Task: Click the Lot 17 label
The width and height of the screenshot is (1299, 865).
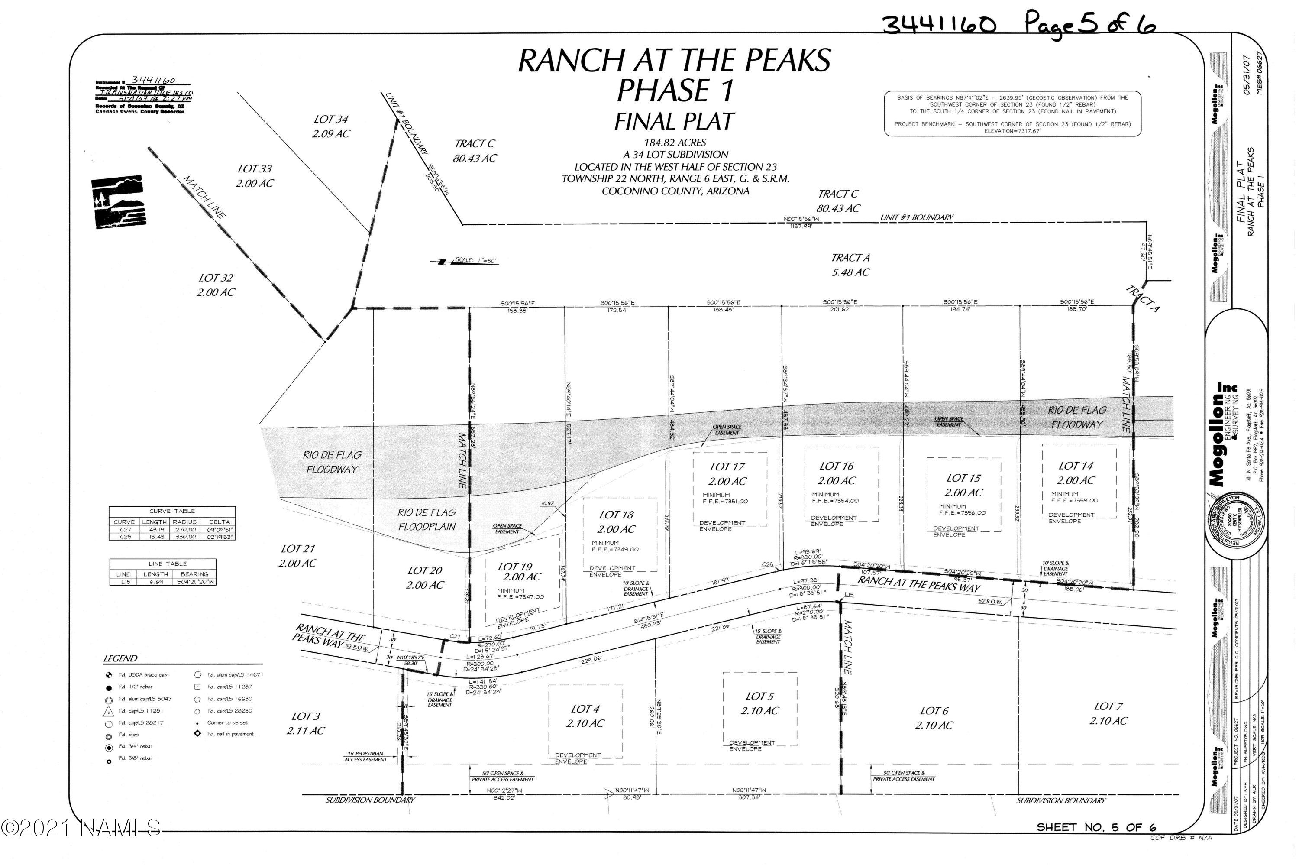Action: tap(727, 467)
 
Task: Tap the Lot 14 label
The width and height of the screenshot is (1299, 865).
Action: tap(1075, 466)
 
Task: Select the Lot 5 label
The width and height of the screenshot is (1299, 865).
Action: tap(759, 696)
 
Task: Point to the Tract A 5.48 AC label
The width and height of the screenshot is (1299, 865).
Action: tap(850, 265)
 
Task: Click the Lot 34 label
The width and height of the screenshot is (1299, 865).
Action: tap(331, 119)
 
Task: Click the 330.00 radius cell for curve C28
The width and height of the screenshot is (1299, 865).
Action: tap(184, 536)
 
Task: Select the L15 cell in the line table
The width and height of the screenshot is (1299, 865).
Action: tap(123, 581)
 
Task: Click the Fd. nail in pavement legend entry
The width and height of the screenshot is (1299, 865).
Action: tap(230, 734)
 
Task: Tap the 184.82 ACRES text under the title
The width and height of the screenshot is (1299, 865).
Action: tap(675, 143)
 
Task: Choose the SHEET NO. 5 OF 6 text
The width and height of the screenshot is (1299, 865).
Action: tap(1096, 827)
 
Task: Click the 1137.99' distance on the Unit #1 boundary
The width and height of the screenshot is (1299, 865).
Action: tap(801, 226)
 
